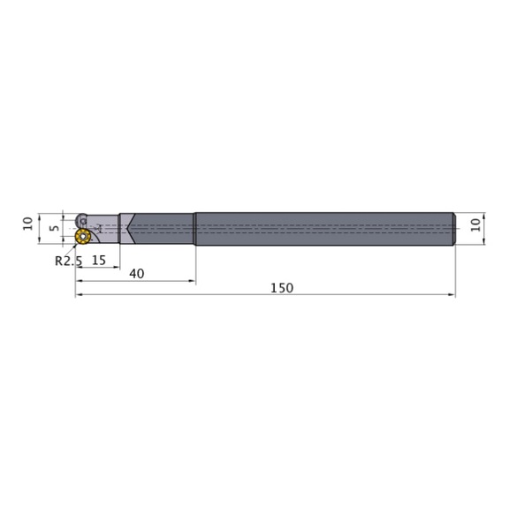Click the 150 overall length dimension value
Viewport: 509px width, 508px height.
282,288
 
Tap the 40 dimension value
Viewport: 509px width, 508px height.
136,273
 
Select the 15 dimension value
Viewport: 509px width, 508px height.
98,260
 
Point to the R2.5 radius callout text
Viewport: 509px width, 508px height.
67,261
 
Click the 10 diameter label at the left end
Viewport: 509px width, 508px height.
27,225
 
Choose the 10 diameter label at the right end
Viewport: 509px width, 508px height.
478,225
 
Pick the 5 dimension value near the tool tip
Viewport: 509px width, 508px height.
54,227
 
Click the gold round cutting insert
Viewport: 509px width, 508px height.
84,236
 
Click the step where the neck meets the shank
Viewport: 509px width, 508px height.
194,228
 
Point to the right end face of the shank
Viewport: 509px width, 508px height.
454,228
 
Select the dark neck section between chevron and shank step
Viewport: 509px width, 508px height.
163,228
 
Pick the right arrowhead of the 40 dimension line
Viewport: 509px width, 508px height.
192,282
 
